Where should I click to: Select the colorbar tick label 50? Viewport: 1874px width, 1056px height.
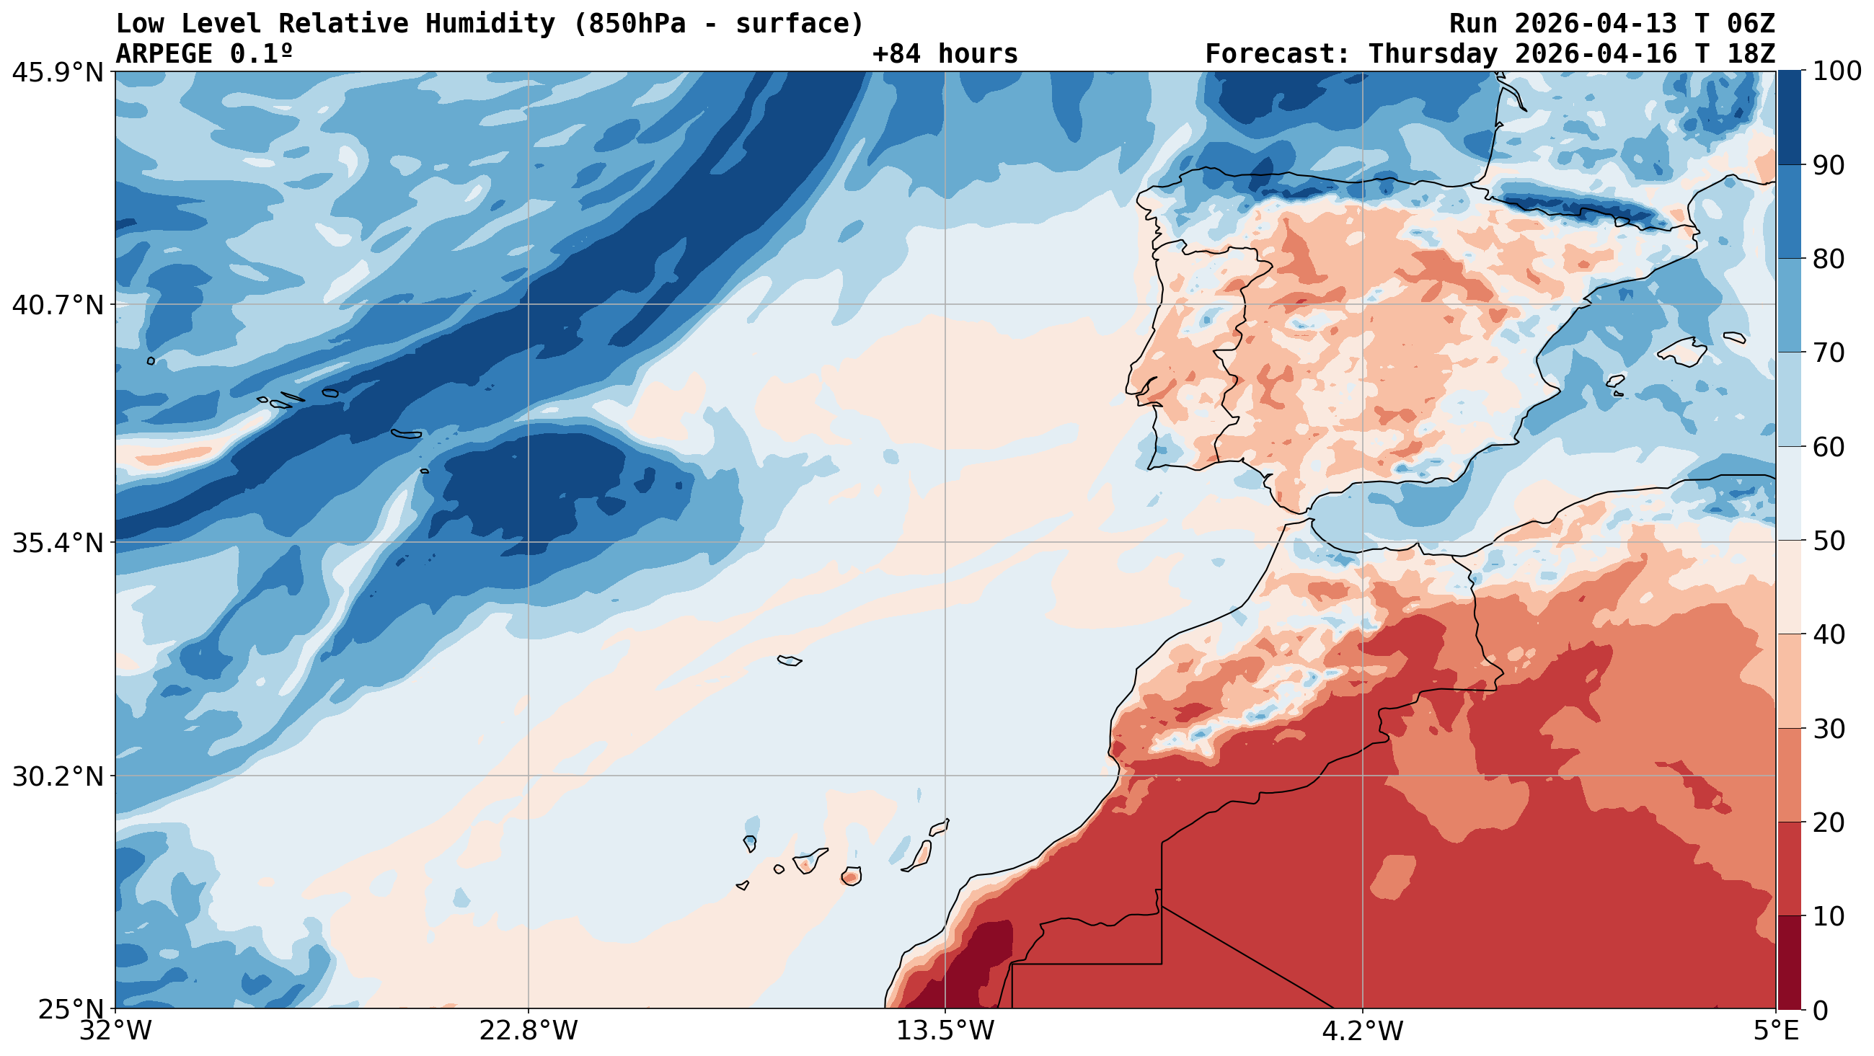click(1827, 541)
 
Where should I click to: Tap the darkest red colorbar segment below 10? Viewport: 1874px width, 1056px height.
click(1789, 962)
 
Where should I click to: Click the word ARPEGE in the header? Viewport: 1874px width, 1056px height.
click(164, 54)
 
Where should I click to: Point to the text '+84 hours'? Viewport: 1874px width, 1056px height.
click(945, 54)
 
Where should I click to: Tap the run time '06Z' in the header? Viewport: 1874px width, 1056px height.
click(1750, 24)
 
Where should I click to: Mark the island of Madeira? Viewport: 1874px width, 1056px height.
click(790, 660)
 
